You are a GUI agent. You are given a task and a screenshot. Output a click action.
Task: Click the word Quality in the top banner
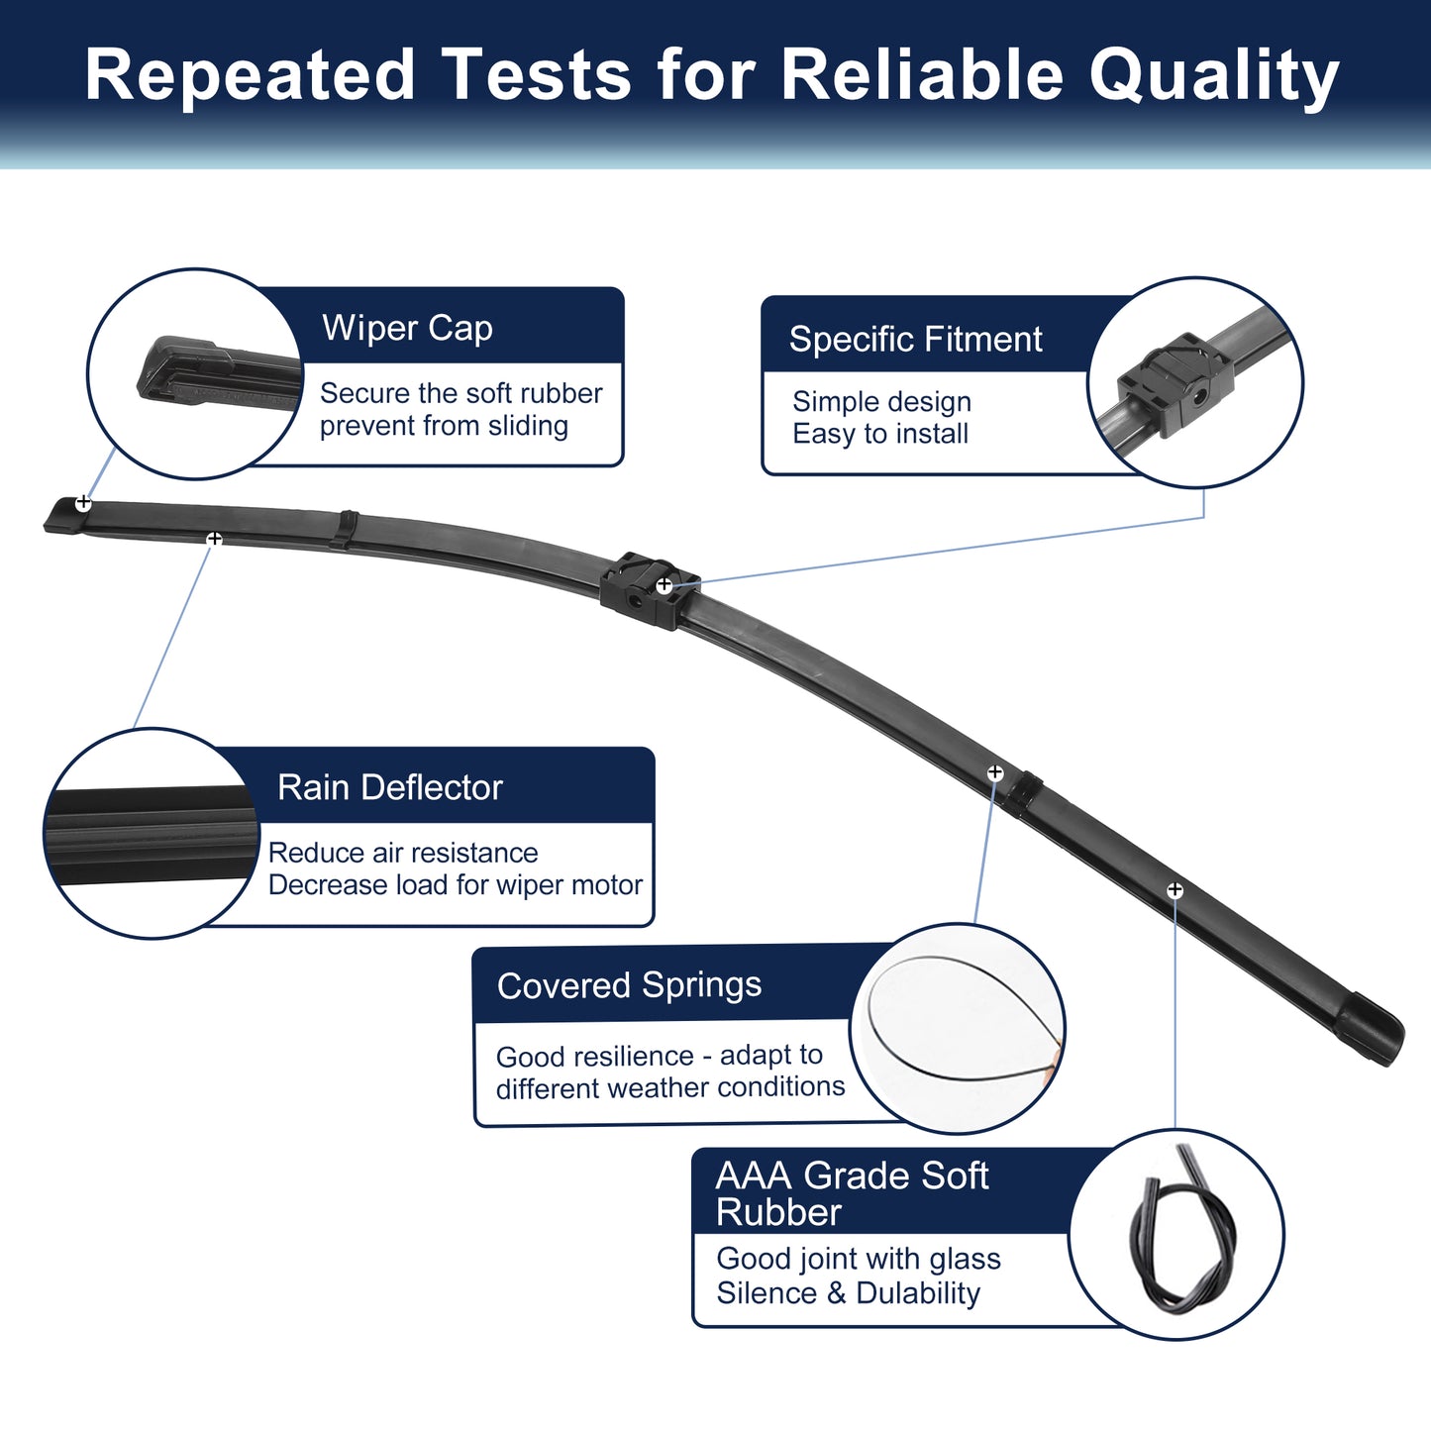[x=1213, y=76]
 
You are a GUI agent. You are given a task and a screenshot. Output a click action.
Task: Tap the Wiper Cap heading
[x=407, y=328]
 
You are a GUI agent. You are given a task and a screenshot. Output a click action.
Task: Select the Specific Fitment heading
[x=915, y=340]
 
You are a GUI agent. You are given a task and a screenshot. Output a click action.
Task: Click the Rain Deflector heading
[x=390, y=787]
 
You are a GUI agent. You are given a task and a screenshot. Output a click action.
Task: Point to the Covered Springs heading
[x=629, y=986]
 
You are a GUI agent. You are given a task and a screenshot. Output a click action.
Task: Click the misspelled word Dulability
[x=918, y=1293]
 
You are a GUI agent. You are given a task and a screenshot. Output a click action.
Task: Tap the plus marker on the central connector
[x=664, y=585]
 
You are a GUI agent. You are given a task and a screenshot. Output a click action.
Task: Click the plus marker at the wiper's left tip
[x=83, y=503]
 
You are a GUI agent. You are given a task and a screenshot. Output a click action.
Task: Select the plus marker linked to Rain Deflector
[x=214, y=539]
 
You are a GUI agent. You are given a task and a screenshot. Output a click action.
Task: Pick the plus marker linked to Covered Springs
[x=994, y=773]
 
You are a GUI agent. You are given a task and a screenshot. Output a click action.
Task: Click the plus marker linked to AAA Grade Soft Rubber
[x=1175, y=889]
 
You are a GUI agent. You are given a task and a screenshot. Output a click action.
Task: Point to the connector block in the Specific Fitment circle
[x=1175, y=384]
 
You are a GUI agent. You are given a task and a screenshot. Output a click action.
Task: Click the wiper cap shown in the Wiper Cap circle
[x=215, y=373]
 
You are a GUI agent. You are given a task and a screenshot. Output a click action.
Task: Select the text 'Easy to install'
[x=880, y=434]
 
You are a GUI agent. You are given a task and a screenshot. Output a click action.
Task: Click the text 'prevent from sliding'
[x=444, y=426]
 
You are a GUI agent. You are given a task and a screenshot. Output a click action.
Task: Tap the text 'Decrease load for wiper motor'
[x=456, y=885]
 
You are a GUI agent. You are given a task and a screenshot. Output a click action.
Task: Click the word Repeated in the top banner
[x=250, y=76]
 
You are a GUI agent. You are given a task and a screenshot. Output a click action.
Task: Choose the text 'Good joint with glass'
[x=859, y=1259]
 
